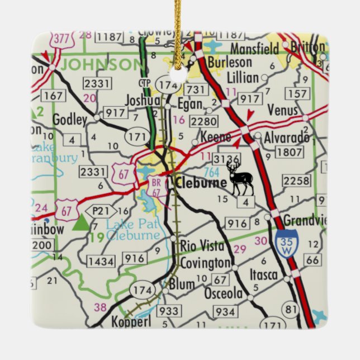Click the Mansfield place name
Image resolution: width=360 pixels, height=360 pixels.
(x=254, y=49)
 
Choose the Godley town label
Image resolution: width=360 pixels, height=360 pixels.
(x=69, y=120)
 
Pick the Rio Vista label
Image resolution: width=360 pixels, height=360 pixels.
(x=202, y=245)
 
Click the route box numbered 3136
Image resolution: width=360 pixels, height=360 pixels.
(x=226, y=160)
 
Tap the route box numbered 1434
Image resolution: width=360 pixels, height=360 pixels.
(x=101, y=261)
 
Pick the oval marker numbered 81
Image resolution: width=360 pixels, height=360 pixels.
(x=290, y=309)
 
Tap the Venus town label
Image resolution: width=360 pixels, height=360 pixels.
(x=283, y=110)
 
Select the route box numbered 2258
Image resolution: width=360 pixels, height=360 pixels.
(x=296, y=180)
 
